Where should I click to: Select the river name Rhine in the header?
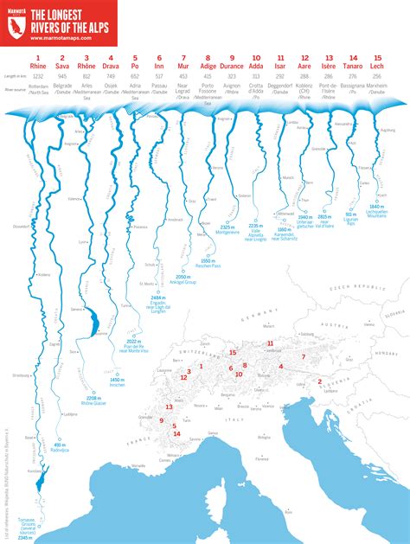(x=38, y=65)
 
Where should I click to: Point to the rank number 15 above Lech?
(x=376, y=56)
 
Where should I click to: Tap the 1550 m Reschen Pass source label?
(x=208, y=262)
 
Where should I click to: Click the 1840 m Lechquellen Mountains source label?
(x=376, y=210)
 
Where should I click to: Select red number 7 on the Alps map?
(x=304, y=356)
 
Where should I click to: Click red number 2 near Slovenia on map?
(x=319, y=381)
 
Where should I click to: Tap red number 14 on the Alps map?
(x=176, y=433)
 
